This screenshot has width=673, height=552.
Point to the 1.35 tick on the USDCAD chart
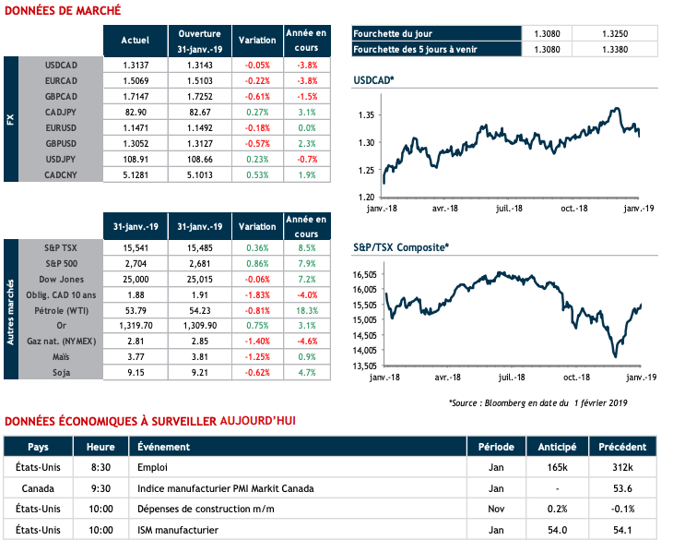pos(367,115)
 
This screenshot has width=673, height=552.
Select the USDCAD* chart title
pos(374,81)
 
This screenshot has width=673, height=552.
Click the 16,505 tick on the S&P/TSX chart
pos(366,274)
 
